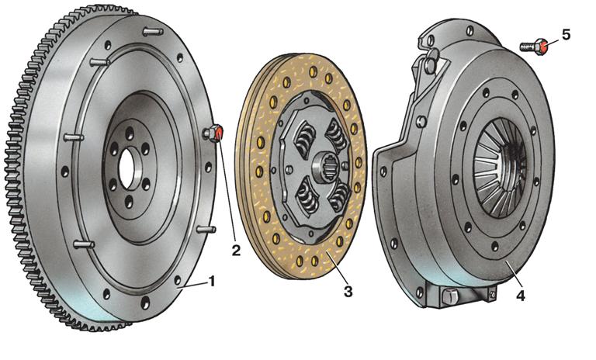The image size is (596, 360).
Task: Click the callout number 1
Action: tap(212, 282)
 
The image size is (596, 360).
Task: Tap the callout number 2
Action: tap(236, 250)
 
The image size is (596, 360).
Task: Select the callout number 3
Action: tap(348, 292)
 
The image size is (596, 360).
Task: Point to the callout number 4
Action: tap(521, 296)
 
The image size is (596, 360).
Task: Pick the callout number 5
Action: tap(566, 35)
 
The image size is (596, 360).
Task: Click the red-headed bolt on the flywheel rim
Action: tap(213, 133)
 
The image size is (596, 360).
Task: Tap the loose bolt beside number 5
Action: tap(534, 47)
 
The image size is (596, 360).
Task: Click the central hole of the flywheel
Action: tap(126, 168)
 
